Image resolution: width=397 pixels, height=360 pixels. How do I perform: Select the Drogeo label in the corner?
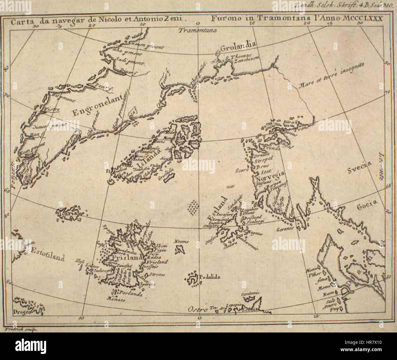pyautogui.click(x=21, y=312)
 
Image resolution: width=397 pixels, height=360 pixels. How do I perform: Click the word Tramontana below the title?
pyautogui.click(x=197, y=30)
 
